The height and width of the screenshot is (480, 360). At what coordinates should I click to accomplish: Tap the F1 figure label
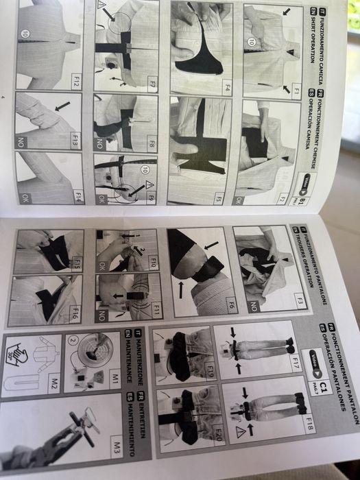tap(296, 89)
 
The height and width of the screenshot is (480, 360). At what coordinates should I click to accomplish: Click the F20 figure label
tap(215, 446)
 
